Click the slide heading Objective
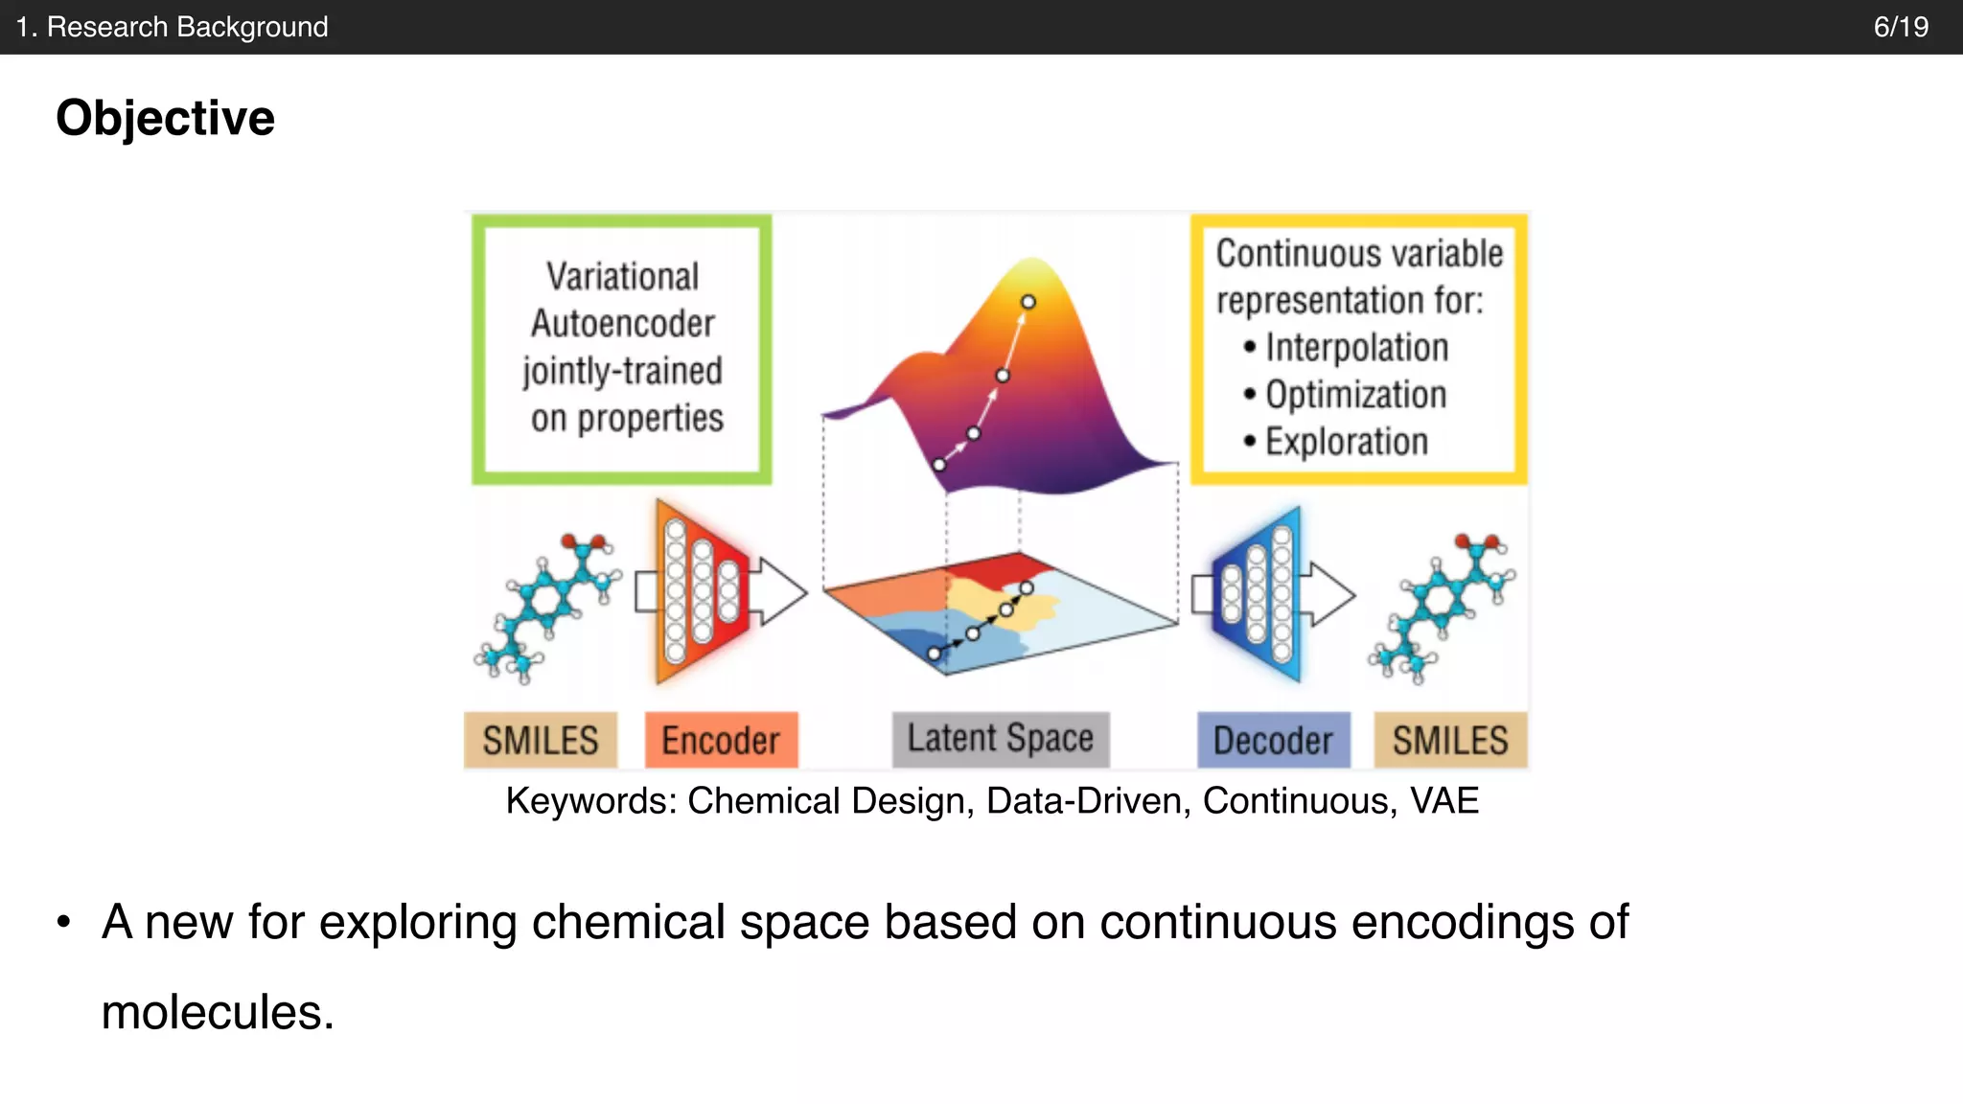(x=165, y=118)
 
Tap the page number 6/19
(x=1901, y=27)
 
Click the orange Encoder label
(x=721, y=740)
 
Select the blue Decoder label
(x=1273, y=740)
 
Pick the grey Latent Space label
(x=1000, y=738)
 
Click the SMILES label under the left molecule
(x=541, y=740)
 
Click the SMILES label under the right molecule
(x=1450, y=740)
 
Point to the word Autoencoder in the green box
(x=623, y=324)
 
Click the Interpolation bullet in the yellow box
(x=1356, y=347)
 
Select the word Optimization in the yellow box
(x=1356, y=394)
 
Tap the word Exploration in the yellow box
(x=1347, y=441)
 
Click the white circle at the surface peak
(x=1028, y=302)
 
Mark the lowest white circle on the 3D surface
(x=939, y=465)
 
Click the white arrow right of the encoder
(x=780, y=591)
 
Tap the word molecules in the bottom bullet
(x=217, y=1012)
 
